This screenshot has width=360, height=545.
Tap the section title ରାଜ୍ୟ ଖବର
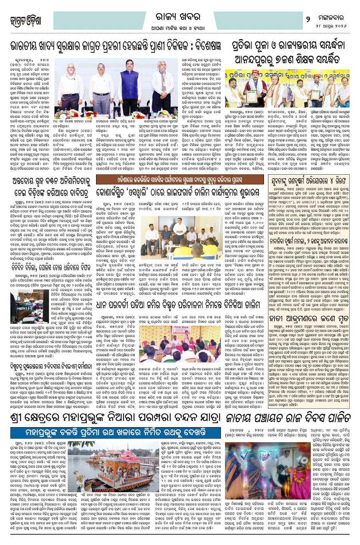pos(178,16)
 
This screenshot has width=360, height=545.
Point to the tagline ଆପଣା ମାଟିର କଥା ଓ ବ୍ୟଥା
pos(178,28)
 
